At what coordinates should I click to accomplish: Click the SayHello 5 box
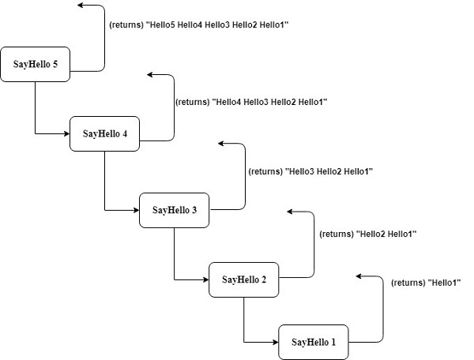point(35,65)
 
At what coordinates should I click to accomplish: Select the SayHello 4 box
point(104,133)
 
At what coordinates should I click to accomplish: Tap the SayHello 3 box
point(174,209)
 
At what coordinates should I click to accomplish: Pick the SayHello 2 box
point(243,279)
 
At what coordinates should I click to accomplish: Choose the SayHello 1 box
point(313,342)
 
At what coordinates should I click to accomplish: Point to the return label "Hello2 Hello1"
point(367,234)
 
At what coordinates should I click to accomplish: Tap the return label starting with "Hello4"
point(250,102)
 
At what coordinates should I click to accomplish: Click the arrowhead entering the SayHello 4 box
point(66,133)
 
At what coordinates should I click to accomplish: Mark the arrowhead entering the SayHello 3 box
point(136,209)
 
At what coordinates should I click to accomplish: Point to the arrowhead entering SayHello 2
point(205,279)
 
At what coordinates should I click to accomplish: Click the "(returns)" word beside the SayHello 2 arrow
point(337,234)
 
